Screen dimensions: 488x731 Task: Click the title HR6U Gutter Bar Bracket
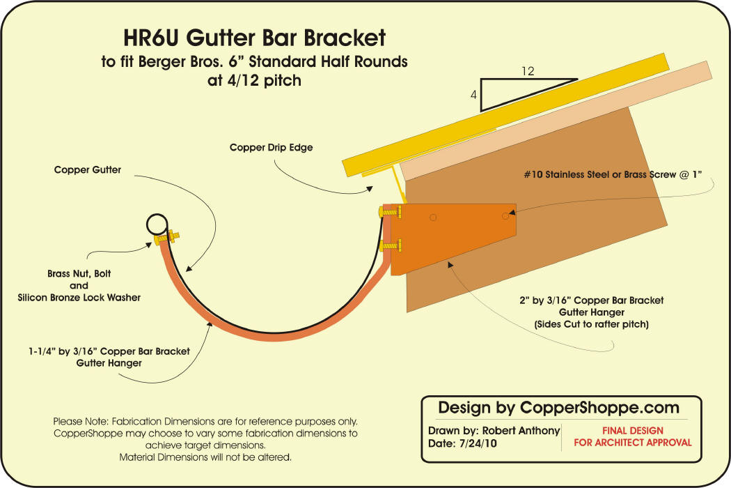(254, 38)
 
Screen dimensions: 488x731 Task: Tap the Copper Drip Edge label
(272, 148)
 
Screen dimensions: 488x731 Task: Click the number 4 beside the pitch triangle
(473, 96)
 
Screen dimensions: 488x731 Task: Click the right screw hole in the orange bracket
(506, 217)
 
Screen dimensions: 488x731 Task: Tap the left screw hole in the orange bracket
(433, 218)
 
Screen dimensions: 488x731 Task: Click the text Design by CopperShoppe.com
(558, 407)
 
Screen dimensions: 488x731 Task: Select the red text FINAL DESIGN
(632, 431)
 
